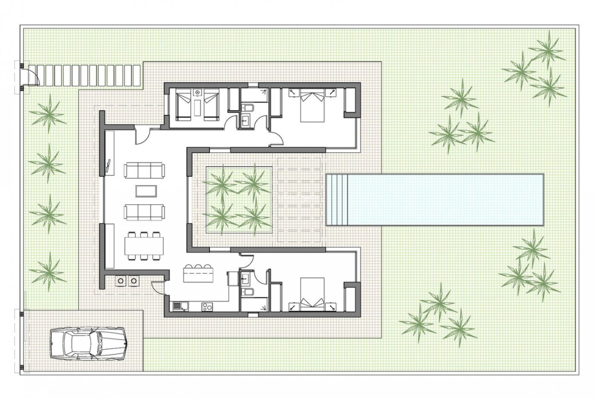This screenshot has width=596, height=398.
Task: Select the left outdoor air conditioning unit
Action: [120, 281]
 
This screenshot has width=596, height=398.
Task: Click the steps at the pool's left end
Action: [337, 200]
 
